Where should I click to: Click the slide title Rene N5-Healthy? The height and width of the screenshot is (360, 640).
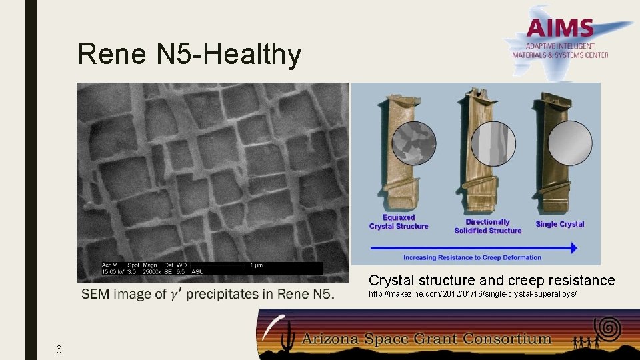click(x=189, y=54)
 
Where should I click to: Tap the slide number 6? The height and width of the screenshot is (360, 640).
click(x=59, y=349)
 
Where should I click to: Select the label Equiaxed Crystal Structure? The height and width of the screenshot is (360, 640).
click(x=399, y=222)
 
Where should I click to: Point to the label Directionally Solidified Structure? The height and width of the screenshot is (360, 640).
click(x=487, y=226)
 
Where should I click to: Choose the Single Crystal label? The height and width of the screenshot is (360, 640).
click(x=559, y=224)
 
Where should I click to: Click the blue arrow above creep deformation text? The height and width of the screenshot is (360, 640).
click(x=473, y=247)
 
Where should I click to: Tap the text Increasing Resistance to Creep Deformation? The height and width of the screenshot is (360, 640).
click(x=472, y=257)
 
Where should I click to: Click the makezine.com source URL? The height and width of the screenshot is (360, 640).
click(x=473, y=294)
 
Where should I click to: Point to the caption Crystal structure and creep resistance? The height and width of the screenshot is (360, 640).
click(x=492, y=280)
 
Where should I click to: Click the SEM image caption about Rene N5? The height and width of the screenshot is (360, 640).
click(x=208, y=294)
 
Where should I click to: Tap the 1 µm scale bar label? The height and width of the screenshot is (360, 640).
click(x=256, y=265)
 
